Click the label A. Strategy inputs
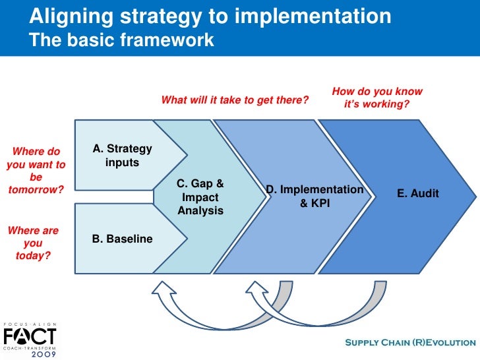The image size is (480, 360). tap(122, 156)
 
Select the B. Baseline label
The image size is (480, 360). tap(122, 239)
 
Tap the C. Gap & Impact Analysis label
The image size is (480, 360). tap(200, 197)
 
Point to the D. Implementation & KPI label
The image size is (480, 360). tap(315, 196)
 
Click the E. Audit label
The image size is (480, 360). tap(417, 193)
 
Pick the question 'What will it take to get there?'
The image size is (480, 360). tap(235, 100)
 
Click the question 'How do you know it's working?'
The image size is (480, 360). tap(376, 98)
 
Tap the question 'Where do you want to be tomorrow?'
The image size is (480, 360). tap(36, 170)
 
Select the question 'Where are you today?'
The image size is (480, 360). tap(33, 243)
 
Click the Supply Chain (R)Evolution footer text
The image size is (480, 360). tap(410, 342)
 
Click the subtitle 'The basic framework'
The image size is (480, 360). tap(122, 40)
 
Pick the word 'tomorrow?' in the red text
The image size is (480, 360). tap(36, 189)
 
